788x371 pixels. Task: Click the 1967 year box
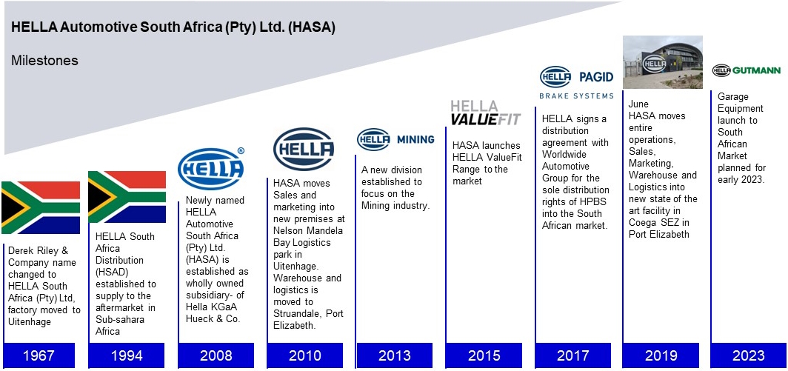(39, 355)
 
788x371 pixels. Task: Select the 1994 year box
(127, 355)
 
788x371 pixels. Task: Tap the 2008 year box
(216, 355)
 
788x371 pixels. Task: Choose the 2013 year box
(394, 355)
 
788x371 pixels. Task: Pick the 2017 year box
(572, 355)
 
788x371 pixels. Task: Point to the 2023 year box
(748, 355)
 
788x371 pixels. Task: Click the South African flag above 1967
(41, 207)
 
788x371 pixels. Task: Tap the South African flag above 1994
(127, 197)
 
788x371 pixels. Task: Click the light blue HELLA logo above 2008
(211, 169)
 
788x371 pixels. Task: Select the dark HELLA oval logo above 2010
(304, 150)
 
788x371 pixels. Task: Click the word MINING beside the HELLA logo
(415, 140)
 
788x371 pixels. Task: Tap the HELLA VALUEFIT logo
(485, 113)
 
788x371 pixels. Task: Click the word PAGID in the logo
(596, 76)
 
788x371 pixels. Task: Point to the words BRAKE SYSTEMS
(576, 96)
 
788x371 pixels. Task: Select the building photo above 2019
(662, 62)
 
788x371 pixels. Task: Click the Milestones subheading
(44, 61)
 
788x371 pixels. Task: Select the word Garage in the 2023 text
(732, 97)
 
